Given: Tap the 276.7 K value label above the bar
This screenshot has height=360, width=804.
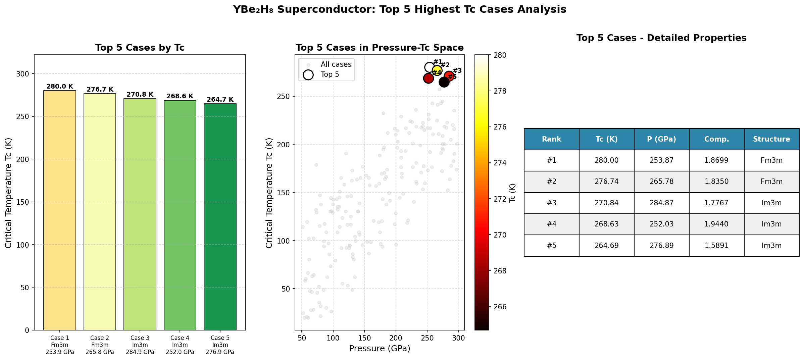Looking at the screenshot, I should (x=100, y=90).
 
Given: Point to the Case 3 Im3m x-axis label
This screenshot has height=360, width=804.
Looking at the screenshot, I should (x=140, y=345).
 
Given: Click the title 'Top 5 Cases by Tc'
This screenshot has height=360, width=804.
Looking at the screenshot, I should (x=140, y=48).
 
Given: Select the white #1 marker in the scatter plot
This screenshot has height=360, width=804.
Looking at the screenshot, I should (x=429, y=67).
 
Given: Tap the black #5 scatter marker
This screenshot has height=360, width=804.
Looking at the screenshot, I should (x=444, y=82).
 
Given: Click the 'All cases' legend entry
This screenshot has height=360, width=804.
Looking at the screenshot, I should (x=336, y=64).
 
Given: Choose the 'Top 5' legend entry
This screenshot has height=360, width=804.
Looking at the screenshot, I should (x=330, y=74).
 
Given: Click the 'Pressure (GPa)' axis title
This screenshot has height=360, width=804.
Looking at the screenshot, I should (x=380, y=349).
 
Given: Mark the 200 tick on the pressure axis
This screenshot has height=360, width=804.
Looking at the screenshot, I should (x=396, y=338).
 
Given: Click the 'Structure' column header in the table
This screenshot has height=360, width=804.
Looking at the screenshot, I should (x=771, y=139).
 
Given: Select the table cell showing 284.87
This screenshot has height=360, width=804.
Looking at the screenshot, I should (x=661, y=203).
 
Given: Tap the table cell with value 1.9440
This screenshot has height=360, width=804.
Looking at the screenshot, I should (x=716, y=224).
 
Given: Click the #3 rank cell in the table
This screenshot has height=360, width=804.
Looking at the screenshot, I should (x=551, y=203).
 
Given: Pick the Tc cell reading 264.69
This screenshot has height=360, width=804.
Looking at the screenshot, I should (x=606, y=246).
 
